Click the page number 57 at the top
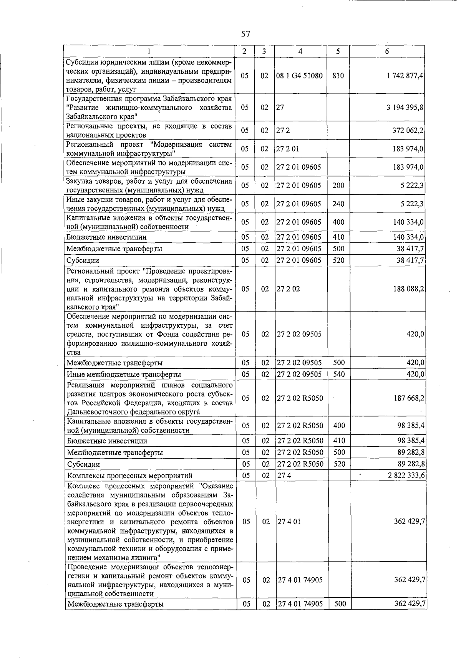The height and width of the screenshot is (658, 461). click(x=245, y=34)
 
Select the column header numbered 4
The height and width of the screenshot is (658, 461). click(x=300, y=51)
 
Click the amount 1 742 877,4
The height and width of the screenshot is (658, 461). click(x=405, y=76)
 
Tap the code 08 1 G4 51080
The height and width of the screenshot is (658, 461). click(x=300, y=76)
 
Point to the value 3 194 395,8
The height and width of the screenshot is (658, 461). click(x=405, y=107)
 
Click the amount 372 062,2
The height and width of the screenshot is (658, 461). click(x=408, y=130)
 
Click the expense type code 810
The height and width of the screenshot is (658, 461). click(x=338, y=76)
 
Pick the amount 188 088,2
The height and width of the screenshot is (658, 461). click(x=408, y=288)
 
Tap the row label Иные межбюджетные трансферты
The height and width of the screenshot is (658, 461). click(x=124, y=375)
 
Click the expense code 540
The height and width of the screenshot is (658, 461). click(x=339, y=374)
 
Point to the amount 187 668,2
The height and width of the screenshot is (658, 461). click(x=408, y=398)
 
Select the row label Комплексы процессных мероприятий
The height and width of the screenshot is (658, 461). click(x=129, y=476)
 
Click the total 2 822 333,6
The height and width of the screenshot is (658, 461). click(x=406, y=476)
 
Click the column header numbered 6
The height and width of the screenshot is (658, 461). click(x=387, y=51)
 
